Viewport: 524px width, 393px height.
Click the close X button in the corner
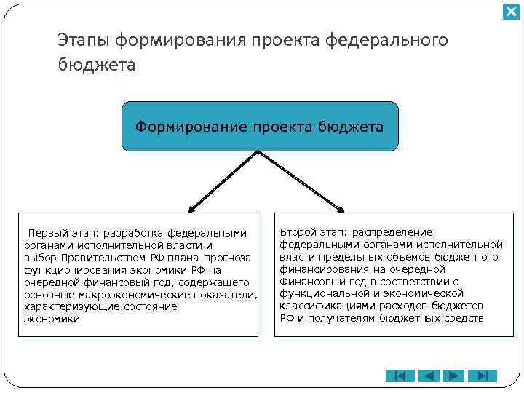coord(512,12)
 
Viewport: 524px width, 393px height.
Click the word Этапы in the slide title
coord(83,41)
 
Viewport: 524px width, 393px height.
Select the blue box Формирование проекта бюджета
coord(260,127)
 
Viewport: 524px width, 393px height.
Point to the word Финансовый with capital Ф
coord(309,282)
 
